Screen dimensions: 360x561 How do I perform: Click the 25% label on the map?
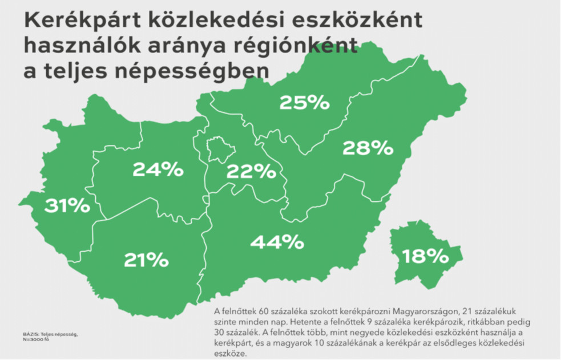click(304, 103)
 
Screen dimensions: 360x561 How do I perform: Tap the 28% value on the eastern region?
click(368, 148)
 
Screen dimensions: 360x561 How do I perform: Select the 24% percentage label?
click(158, 169)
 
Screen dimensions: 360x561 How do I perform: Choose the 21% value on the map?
click(146, 260)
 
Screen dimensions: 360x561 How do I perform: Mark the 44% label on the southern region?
click(277, 242)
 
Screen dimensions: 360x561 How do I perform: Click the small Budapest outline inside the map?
click(220, 150)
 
